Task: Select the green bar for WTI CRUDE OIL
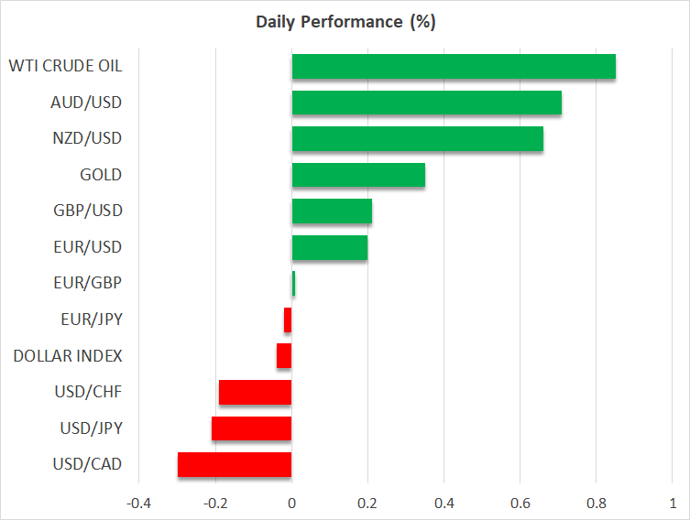pyautogui.click(x=454, y=67)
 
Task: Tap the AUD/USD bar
pyautogui.click(x=426, y=103)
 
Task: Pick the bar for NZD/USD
pyautogui.click(x=417, y=139)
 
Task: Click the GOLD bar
pyautogui.click(x=358, y=175)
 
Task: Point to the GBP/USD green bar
pyautogui.click(x=332, y=211)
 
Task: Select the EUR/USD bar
pyautogui.click(x=330, y=247)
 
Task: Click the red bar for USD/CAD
pyautogui.click(x=235, y=464)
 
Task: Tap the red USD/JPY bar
pyautogui.click(x=251, y=428)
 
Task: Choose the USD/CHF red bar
pyautogui.click(x=255, y=392)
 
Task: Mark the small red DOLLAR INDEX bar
pyautogui.click(x=284, y=355)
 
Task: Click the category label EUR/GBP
pyautogui.click(x=90, y=283)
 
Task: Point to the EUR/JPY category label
pyautogui.click(x=91, y=320)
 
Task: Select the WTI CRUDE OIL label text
pyautogui.click(x=65, y=66)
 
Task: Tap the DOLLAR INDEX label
pyautogui.click(x=68, y=355)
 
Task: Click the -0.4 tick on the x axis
pyautogui.click(x=139, y=503)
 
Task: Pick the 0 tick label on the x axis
pyautogui.click(x=291, y=503)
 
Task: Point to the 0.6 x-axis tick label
pyautogui.click(x=520, y=503)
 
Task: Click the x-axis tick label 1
pyautogui.click(x=673, y=503)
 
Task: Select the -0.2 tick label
pyautogui.click(x=215, y=503)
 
